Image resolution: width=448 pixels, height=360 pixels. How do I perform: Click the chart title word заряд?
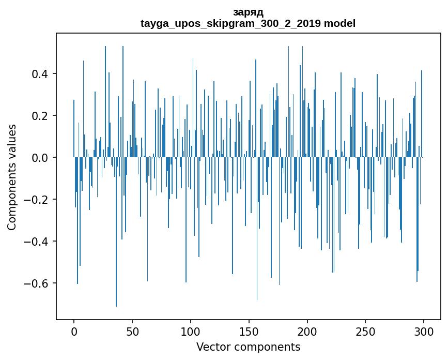point(248,12)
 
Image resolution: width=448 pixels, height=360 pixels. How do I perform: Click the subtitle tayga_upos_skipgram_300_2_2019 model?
point(248,23)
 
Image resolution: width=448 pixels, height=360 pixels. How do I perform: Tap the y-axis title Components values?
point(12,177)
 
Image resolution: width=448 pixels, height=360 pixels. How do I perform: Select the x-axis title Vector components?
point(248,347)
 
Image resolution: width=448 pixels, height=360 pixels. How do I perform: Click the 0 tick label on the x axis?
point(74,331)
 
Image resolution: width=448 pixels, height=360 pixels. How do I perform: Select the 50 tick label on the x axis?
point(132,331)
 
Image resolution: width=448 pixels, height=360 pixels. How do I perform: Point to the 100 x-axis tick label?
point(191,331)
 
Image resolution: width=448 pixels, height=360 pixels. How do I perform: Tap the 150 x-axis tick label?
point(249,331)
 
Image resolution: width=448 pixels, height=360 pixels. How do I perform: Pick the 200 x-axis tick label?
point(307,331)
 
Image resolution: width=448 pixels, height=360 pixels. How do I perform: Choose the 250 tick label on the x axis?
point(366,331)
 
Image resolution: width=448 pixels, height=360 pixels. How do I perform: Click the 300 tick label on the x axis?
point(424,331)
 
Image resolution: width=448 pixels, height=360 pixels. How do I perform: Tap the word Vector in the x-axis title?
point(212,347)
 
